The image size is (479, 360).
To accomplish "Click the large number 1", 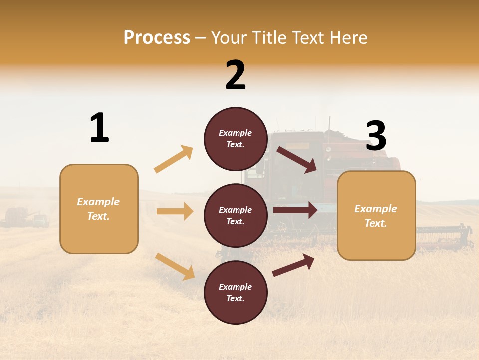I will (x=99, y=128).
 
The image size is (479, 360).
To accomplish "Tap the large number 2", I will (x=236, y=75).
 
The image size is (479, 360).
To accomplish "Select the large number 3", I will (x=376, y=136).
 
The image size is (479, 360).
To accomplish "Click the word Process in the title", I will (x=157, y=37).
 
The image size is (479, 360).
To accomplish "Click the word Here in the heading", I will (x=349, y=37).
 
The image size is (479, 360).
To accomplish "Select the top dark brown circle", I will (x=236, y=139).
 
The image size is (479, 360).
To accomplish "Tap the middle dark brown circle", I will (x=236, y=215).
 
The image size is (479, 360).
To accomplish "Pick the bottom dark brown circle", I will (x=236, y=292).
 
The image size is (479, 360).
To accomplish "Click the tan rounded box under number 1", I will (x=99, y=209).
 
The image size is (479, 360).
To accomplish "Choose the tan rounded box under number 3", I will (x=376, y=215).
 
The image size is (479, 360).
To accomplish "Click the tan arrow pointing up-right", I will (x=174, y=159).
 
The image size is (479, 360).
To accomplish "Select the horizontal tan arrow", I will (x=175, y=211).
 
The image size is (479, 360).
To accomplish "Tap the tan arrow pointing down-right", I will (x=175, y=266).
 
